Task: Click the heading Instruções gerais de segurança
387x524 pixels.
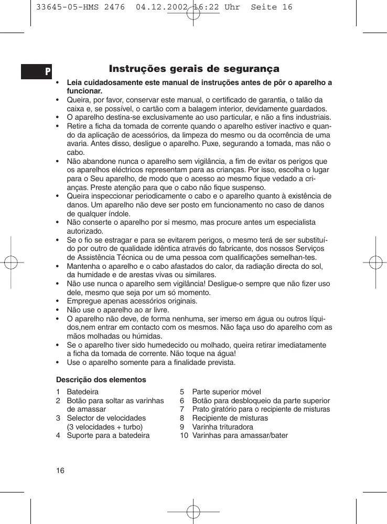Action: coord(194,69)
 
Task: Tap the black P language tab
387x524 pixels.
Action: coord(37,71)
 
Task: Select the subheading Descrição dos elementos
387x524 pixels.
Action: coord(101,379)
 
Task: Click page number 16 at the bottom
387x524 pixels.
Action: coord(60,470)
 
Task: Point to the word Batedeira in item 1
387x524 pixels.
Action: coord(82,392)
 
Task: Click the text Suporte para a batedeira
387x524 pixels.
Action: coord(108,435)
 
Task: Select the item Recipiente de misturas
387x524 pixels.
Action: coord(230,418)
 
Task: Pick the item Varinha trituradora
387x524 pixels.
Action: coord(222,427)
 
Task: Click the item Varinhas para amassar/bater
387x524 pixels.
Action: coord(240,435)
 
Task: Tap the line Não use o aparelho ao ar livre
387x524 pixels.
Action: coord(118,310)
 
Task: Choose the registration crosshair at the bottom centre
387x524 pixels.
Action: coord(193,511)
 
